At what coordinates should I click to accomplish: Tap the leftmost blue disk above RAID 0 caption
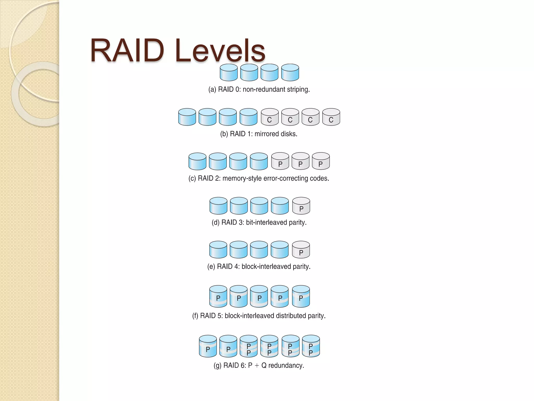coord(229,73)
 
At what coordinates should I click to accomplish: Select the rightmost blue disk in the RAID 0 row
coord(290,73)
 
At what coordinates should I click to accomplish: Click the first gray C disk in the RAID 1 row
coord(270,117)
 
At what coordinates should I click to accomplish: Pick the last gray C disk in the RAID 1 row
coord(331,117)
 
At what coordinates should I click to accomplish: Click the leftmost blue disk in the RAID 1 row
coord(187,117)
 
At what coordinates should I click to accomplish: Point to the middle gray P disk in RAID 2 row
coord(300,161)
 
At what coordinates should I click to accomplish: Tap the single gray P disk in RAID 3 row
coord(301,206)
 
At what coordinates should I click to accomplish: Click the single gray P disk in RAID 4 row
coord(301,250)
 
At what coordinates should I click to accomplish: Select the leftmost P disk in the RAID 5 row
coord(218,296)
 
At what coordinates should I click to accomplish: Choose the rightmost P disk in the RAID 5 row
coord(301,296)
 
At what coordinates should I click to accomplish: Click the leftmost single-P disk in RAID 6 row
coord(208,346)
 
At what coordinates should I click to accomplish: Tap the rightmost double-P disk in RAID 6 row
coord(311,346)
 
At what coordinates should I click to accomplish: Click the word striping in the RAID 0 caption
coord(298,90)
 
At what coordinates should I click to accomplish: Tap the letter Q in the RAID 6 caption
coord(264,365)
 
